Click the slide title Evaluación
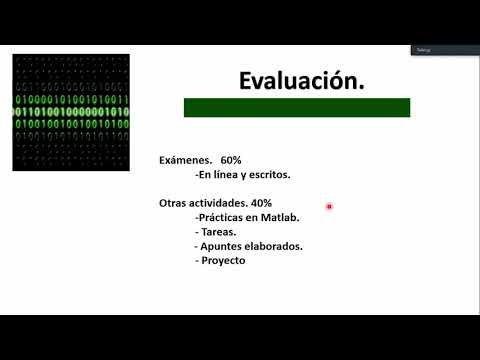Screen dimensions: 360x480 click(x=300, y=82)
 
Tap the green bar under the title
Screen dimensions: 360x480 click(x=296, y=108)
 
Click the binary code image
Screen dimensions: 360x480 click(x=70, y=112)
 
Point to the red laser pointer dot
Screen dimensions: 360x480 click(x=329, y=207)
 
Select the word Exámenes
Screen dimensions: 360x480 click(x=185, y=160)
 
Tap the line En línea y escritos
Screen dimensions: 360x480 click(x=243, y=174)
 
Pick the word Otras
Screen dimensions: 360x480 click(x=173, y=203)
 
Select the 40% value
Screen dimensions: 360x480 click(x=260, y=203)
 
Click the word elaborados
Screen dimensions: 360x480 click(x=275, y=246)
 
